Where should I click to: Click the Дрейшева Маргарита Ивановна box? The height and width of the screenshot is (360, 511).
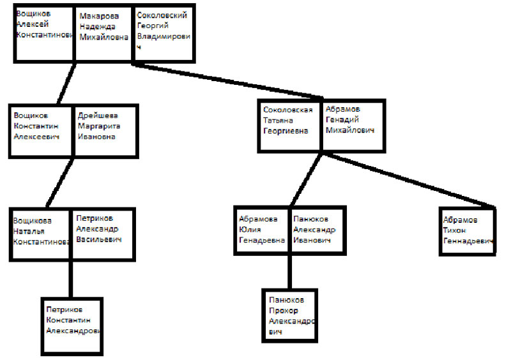point(105,131)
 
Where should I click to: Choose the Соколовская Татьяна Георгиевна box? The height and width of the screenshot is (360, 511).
point(289,126)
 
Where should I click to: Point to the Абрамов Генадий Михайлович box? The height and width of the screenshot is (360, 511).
point(353,126)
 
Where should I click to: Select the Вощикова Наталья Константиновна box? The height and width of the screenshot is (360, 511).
point(40,234)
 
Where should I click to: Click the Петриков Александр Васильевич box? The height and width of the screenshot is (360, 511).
point(103,234)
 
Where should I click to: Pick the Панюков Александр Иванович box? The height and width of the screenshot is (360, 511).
point(317,230)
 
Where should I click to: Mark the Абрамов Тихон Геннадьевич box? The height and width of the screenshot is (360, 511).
point(468,230)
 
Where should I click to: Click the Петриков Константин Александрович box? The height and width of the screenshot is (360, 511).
point(72,326)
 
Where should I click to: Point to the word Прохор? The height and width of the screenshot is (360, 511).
point(284,310)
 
